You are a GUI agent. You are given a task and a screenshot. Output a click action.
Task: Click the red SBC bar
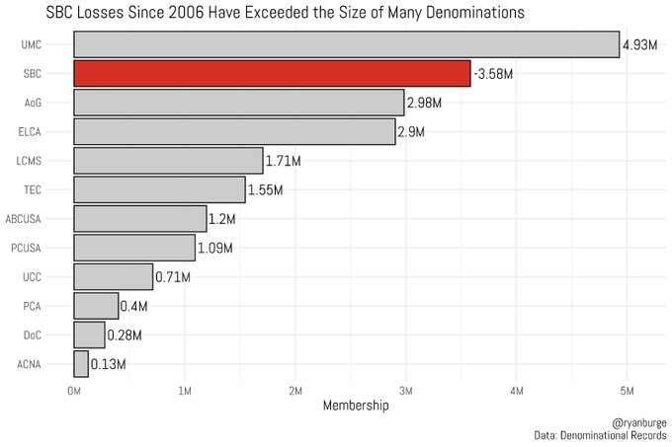coord(272,73)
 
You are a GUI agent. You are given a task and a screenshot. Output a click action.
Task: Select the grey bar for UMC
coord(346,44)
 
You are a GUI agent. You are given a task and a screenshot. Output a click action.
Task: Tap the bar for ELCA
coord(234,131)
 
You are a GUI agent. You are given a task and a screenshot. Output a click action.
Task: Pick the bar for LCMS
coord(168,160)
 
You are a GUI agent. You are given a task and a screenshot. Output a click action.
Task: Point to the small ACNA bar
coord(81,363)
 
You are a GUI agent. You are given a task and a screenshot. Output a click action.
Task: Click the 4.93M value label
coord(639,45)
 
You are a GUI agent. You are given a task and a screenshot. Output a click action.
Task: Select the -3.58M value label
coord(493,74)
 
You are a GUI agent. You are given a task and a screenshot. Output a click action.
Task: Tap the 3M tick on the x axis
coord(405,392)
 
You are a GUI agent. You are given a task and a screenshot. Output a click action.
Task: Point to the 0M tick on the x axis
coord(74,392)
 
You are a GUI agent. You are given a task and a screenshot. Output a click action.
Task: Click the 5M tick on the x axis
coord(627,392)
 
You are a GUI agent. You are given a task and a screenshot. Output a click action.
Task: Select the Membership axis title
coord(351,406)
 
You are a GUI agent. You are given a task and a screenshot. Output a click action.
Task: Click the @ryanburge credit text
coord(640,421)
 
